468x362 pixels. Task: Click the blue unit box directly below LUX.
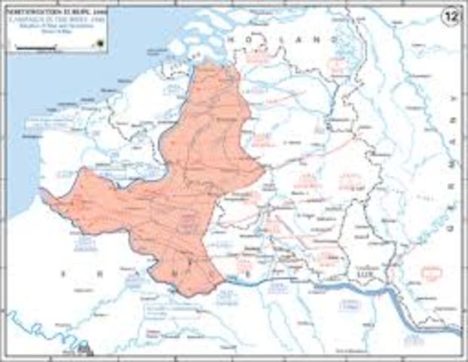[x=354, y=305]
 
